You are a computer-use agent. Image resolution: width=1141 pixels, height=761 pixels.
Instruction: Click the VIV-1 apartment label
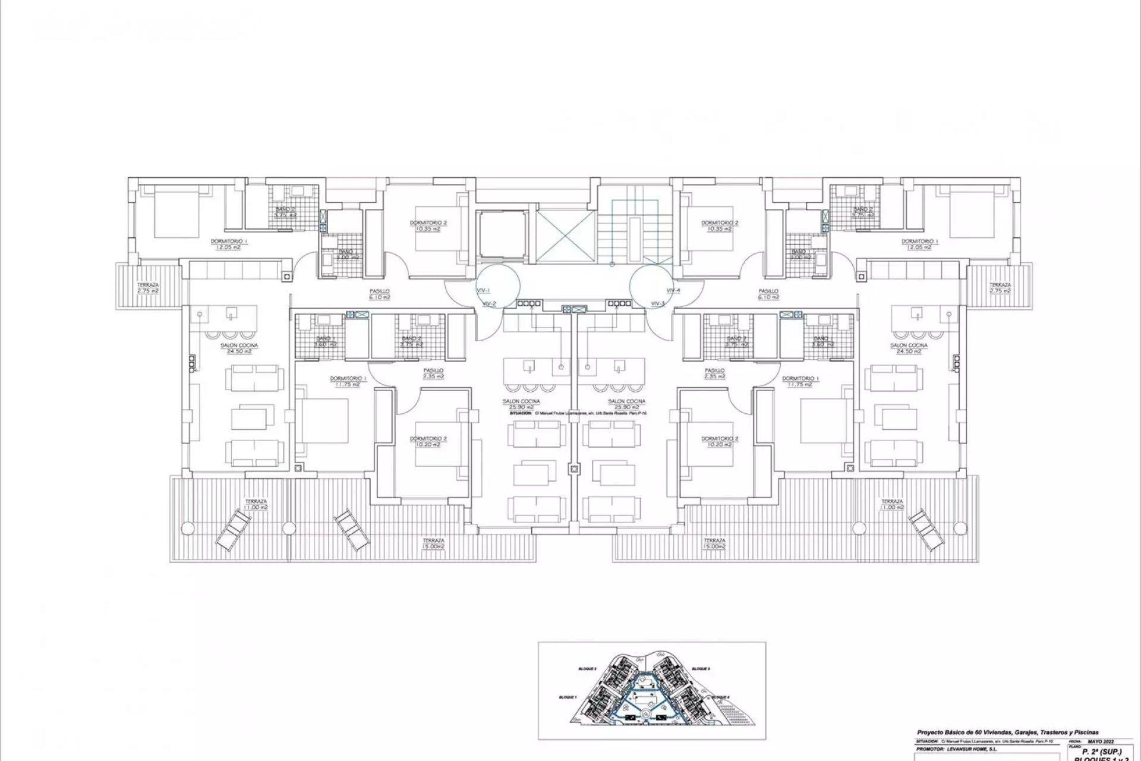click(x=483, y=290)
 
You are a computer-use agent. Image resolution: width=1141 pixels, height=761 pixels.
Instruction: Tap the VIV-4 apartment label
click(x=673, y=290)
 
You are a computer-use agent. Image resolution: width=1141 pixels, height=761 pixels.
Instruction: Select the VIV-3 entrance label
click(x=658, y=304)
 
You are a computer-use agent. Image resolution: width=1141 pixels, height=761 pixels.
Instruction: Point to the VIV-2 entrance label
click(x=490, y=304)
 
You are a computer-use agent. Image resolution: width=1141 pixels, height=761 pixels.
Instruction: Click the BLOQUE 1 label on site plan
click(x=567, y=697)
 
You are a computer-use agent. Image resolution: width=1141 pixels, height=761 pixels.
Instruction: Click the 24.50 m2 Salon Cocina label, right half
click(x=909, y=348)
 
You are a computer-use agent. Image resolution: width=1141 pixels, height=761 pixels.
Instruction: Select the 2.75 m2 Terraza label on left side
click(x=147, y=288)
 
